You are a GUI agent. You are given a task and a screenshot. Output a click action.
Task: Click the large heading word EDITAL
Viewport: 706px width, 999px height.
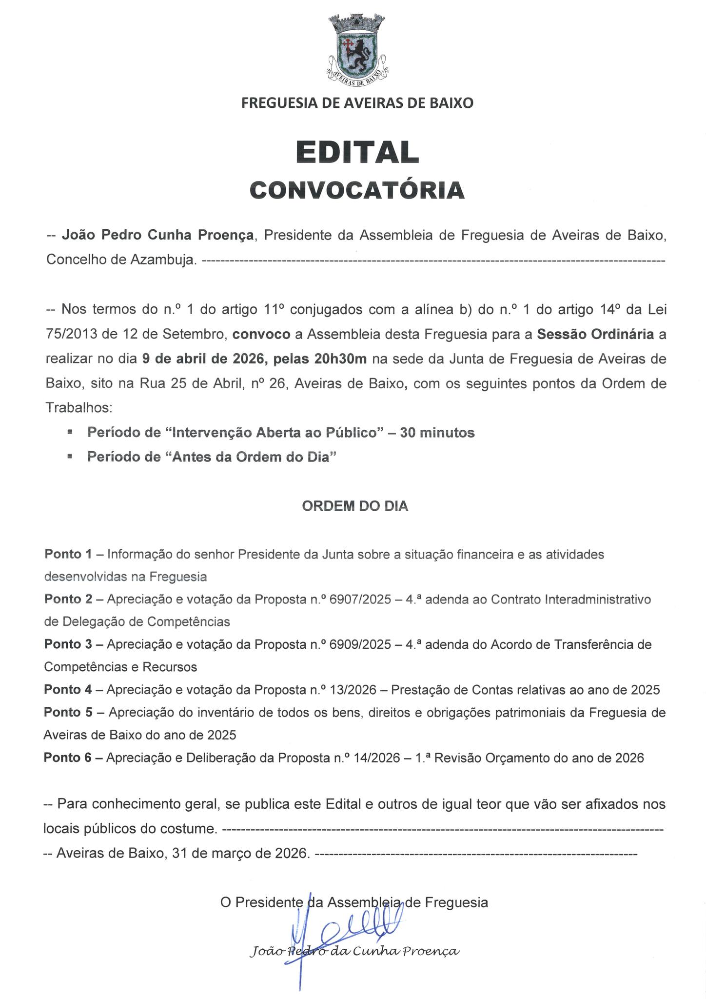pyautogui.click(x=357, y=153)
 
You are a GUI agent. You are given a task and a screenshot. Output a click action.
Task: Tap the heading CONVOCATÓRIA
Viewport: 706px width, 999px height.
pyautogui.click(x=357, y=190)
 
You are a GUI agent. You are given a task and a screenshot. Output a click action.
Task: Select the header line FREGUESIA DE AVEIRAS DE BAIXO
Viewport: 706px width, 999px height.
pyautogui.click(x=357, y=103)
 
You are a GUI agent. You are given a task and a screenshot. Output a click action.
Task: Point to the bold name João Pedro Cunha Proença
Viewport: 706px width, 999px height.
pyautogui.click(x=157, y=236)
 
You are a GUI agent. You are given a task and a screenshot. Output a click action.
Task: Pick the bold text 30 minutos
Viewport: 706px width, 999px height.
pyautogui.click(x=437, y=433)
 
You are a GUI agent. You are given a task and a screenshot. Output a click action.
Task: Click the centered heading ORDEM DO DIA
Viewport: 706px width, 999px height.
pyautogui.click(x=355, y=506)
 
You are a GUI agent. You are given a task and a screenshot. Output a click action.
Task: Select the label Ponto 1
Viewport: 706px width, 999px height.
pyautogui.click(x=68, y=555)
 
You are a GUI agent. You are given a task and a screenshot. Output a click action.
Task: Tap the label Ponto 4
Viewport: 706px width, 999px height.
pyautogui.click(x=68, y=690)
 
